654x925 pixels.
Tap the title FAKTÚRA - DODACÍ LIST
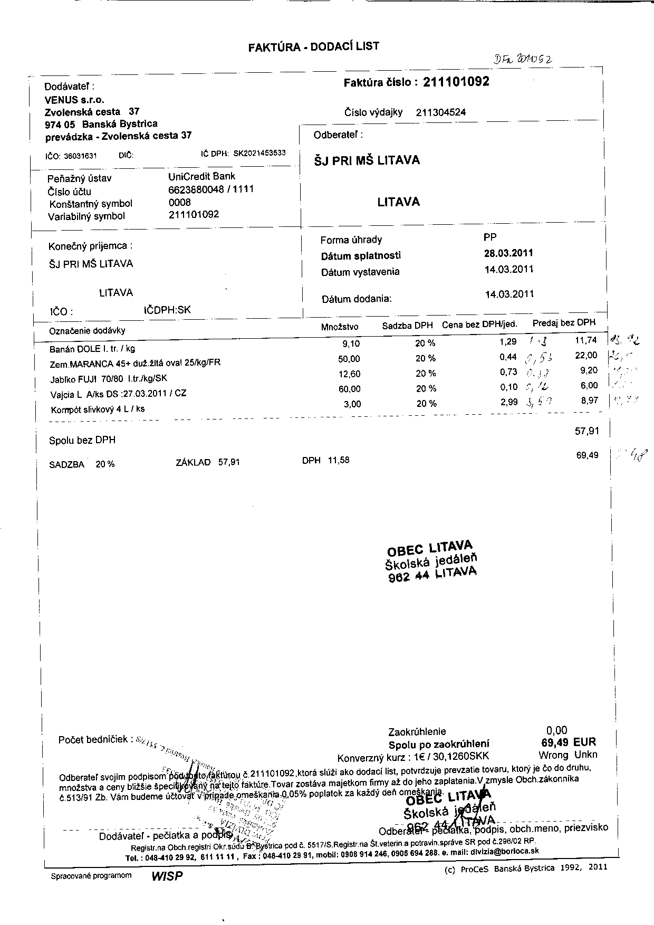313,46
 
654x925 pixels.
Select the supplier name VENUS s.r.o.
75,100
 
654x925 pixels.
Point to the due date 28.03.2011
508,253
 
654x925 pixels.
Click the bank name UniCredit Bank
202,176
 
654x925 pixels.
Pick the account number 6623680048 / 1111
211,189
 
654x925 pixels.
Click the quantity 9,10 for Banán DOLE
351,344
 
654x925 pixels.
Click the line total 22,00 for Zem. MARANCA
586,356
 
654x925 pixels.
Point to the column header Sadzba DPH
407,326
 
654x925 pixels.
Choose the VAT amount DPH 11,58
325,460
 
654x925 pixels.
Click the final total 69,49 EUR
565,742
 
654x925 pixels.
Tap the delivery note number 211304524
441,112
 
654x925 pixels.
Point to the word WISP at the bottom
167,875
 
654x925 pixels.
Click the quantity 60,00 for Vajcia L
349,389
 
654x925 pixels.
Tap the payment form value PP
490,237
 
